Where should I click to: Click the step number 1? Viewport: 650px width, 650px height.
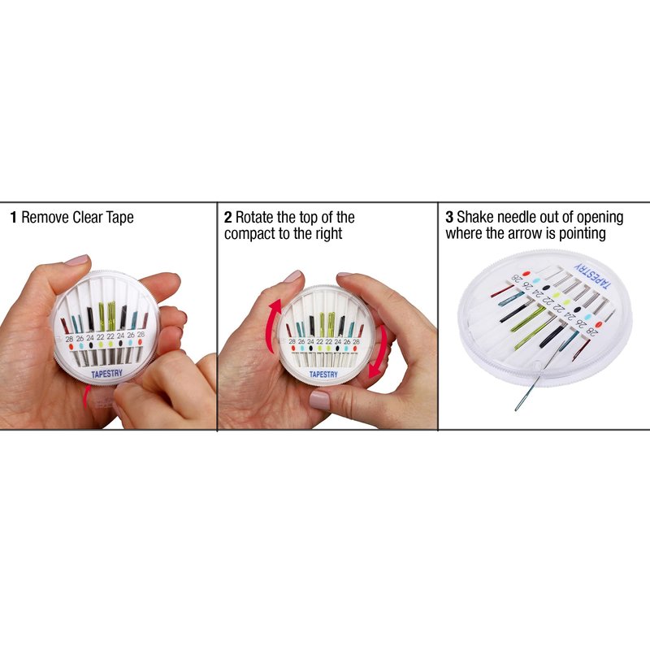pos(14,217)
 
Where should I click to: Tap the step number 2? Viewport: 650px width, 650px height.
pos(228,217)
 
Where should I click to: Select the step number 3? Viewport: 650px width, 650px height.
pos(449,217)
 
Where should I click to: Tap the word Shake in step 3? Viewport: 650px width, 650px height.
pos(475,217)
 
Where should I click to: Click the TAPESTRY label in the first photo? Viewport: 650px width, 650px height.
pos(107,374)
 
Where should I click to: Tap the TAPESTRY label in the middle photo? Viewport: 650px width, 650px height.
pos(323,375)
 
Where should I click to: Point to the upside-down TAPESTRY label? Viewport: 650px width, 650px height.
pos(593,275)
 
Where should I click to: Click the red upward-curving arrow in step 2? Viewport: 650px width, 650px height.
pos(273,326)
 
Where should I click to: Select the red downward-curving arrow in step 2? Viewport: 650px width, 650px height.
pos(378,353)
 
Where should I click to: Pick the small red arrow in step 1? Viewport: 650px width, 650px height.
pos(86,396)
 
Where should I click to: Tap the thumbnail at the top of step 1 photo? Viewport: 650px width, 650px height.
pos(76,260)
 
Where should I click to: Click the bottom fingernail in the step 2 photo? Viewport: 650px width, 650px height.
pos(319,400)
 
